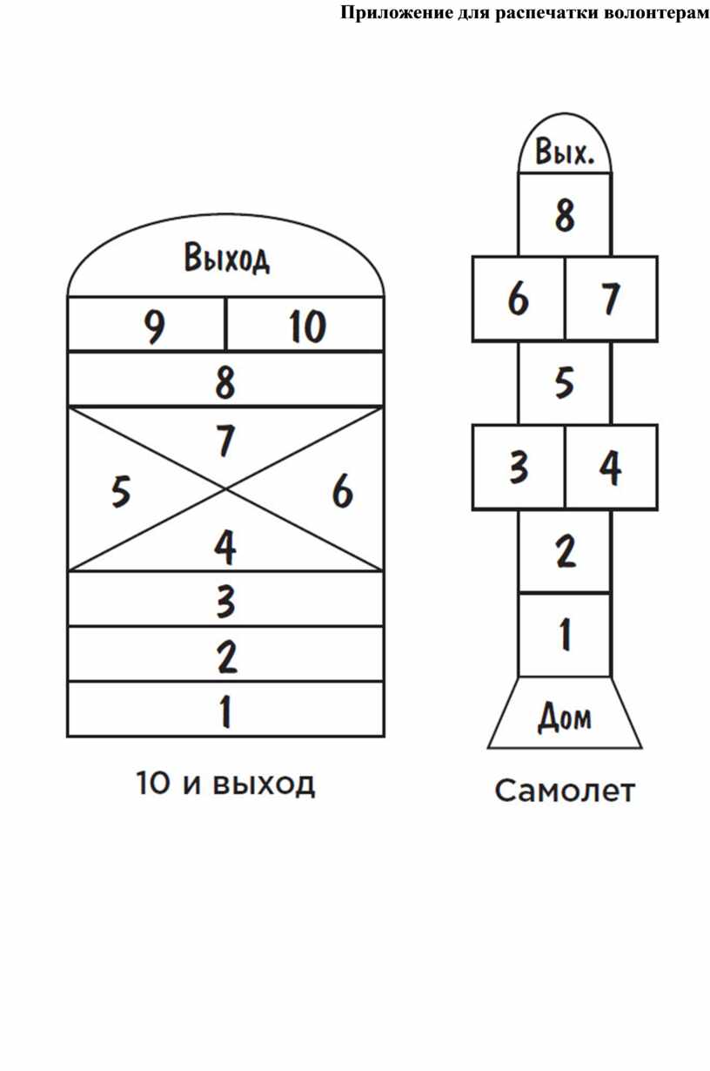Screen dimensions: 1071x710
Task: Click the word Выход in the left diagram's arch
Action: pos(226,259)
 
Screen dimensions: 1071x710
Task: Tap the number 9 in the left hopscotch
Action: pos(154,327)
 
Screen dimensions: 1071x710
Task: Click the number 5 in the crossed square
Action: pos(121,493)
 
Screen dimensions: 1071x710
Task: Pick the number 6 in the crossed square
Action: pos(343,493)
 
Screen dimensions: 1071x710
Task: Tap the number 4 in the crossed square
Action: pos(225,547)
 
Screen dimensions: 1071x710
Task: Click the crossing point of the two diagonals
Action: pos(226,489)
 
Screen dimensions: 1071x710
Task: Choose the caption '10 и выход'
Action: pos(225,784)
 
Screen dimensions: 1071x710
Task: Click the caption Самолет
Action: pos(565,791)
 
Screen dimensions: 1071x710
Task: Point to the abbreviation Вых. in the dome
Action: pos(565,154)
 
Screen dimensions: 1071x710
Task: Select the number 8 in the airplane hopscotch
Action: pos(565,214)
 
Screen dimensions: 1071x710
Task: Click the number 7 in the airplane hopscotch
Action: pos(610,299)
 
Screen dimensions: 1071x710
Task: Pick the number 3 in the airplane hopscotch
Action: pos(519,468)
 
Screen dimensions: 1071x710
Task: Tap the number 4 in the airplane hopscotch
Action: pos(610,468)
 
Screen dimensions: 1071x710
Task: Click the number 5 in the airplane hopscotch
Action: pos(565,381)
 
